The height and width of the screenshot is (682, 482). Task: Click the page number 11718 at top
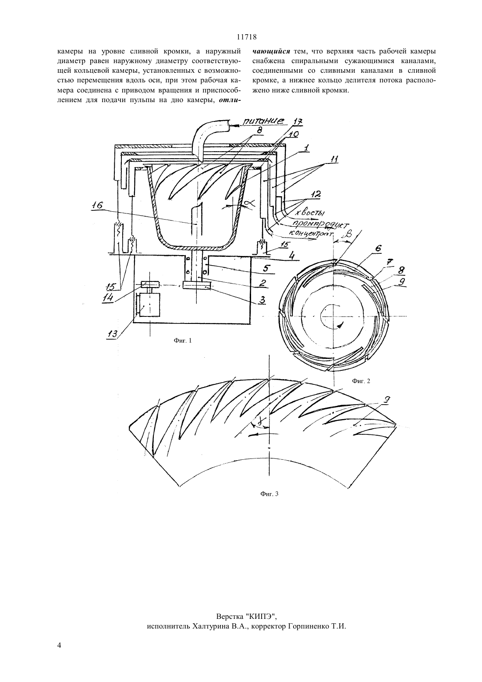247,37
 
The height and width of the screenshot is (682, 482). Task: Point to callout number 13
111,334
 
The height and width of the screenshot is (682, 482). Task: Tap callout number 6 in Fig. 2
378,248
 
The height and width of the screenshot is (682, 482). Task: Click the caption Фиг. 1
183,341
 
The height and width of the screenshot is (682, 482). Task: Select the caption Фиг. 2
361,381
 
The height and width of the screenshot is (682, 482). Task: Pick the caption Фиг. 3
269,494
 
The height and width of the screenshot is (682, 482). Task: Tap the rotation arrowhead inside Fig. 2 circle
340,325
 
